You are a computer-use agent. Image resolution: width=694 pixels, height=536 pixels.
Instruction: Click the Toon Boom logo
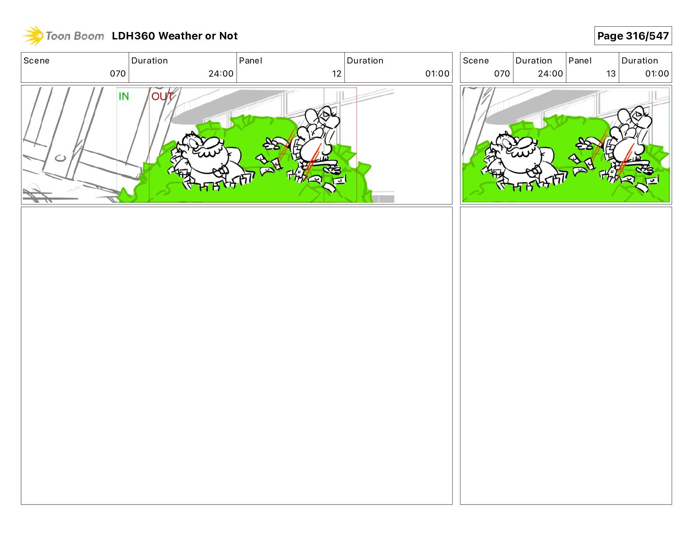pos(64,36)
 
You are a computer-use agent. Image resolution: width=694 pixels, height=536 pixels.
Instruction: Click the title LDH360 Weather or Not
pos(175,36)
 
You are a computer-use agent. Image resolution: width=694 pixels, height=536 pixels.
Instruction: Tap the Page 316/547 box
pos(633,36)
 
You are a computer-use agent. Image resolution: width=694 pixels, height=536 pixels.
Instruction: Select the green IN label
pos(124,96)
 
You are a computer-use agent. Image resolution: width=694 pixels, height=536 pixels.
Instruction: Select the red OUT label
pos(162,96)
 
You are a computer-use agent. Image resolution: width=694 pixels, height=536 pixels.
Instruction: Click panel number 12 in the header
pos(336,74)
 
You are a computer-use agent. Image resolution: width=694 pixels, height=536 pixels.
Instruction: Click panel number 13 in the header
pos(611,74)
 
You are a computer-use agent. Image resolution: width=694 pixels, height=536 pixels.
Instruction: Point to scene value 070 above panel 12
pos(117,74)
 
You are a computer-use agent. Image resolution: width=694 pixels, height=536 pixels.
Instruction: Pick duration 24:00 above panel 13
pos(550,74)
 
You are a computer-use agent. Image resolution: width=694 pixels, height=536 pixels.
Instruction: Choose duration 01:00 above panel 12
pos(437,74)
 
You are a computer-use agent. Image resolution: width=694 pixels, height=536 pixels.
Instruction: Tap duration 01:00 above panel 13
pos(657,74)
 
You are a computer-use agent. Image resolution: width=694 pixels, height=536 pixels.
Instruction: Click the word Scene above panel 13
pos(475,61)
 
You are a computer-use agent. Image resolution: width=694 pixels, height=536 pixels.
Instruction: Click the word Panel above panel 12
pos(250,61)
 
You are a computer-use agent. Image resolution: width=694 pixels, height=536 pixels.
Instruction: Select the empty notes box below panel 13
pos(566,356)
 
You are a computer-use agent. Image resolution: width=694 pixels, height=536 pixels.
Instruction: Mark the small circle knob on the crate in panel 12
pos(60,158)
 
